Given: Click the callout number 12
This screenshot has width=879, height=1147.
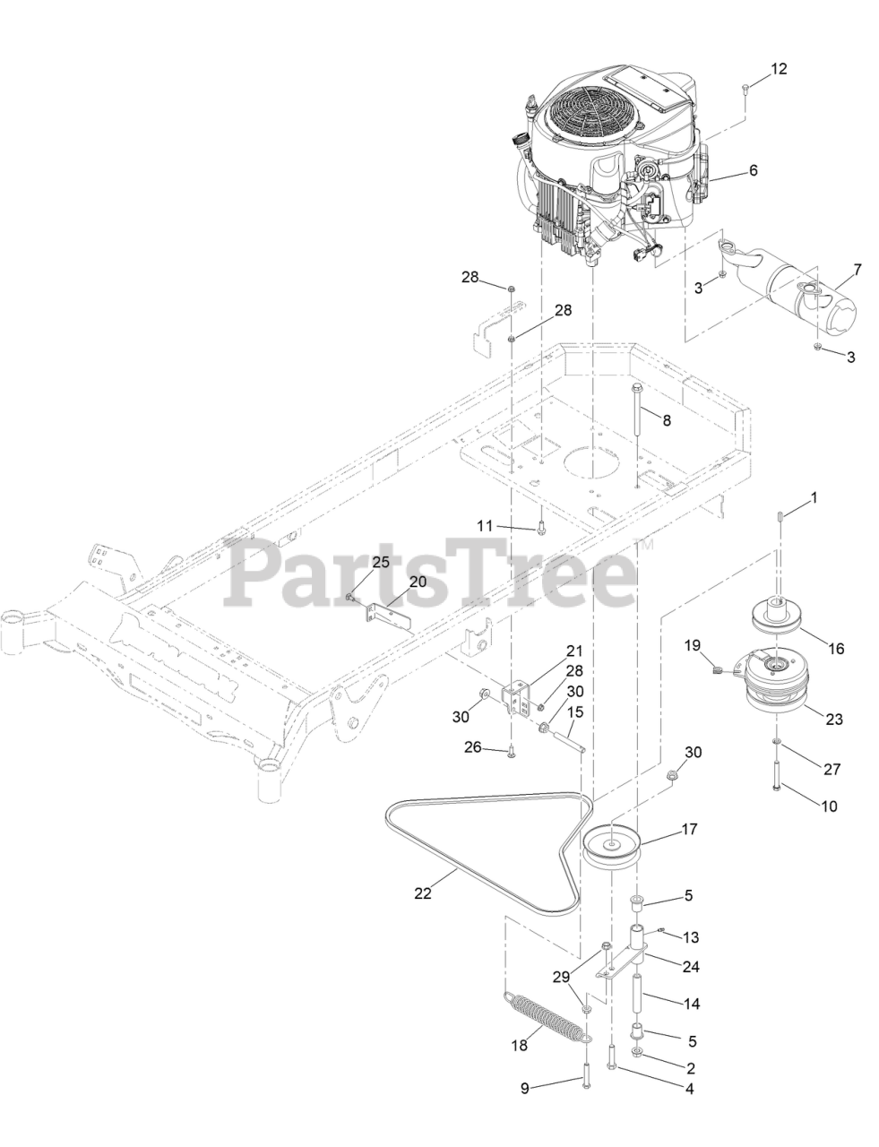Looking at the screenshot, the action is [x=779, y=69].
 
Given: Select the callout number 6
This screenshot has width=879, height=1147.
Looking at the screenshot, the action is [x=753, y=168].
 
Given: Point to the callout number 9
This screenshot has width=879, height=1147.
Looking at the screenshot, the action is [x=526, y=1088].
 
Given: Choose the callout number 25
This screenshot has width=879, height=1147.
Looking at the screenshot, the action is [x=381, y=561].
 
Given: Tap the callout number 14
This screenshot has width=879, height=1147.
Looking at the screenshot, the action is [x=692, y=1005].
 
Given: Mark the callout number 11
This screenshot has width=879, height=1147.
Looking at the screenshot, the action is [x=485, y=526].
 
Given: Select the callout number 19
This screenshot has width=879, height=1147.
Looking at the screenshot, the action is [x=692, y=644].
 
